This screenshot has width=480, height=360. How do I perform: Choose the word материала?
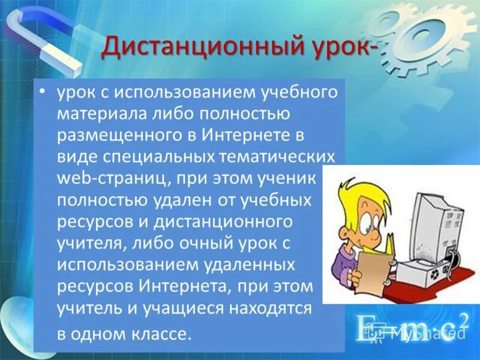click(x=98, y=113)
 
